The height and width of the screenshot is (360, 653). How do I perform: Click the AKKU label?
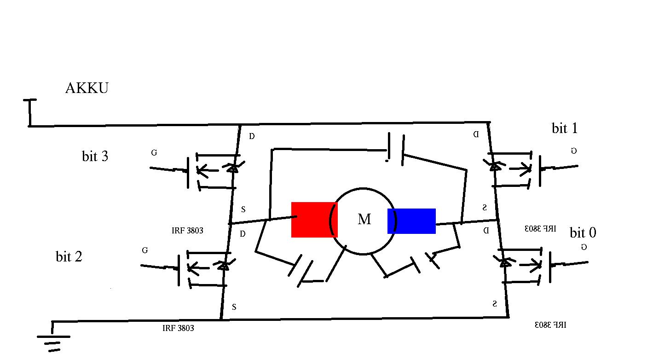pos(87,88)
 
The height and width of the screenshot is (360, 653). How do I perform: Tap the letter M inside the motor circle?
pos(364,220)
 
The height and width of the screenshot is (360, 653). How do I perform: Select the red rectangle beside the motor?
pos(314,220)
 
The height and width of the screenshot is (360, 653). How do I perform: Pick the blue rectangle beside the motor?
pos(411,221)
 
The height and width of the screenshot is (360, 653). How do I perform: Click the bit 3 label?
pos(95,157)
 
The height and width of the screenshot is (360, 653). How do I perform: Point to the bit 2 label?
pos(69,256)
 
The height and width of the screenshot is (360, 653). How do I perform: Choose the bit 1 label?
pos(565,128)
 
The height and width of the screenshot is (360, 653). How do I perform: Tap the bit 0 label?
pos(583,232)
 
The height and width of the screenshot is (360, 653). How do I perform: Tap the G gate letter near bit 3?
pos(153,153)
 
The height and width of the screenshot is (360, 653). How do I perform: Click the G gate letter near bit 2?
pos(145,250)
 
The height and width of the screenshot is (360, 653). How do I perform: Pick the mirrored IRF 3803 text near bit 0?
pos(541,228)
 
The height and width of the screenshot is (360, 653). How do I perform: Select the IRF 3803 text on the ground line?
pos(178,328)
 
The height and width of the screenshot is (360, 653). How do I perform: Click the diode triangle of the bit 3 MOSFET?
pos(233,168)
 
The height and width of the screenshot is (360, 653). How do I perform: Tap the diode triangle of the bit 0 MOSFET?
pos(505,262)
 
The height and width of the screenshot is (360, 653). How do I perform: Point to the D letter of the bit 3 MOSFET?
pos(251,136)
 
